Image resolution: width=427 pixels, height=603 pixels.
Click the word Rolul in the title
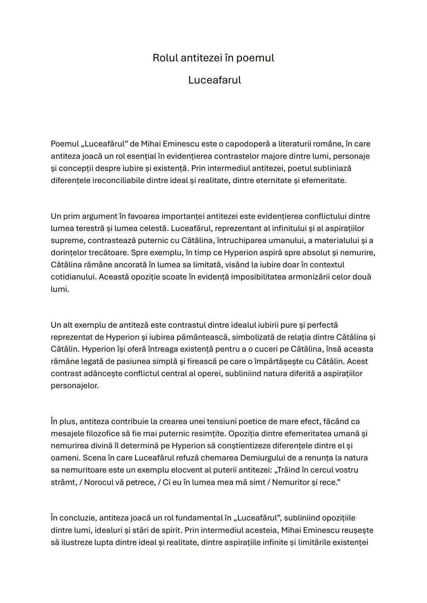click(165, 58)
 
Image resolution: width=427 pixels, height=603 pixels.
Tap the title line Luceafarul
click(214, 80)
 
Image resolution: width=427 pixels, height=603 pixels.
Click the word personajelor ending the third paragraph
click(74, 385)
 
